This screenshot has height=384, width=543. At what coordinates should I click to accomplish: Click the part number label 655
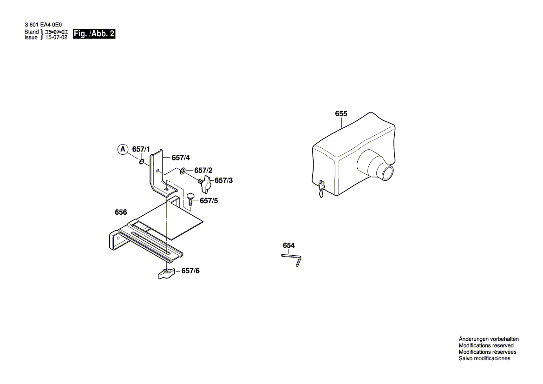341,114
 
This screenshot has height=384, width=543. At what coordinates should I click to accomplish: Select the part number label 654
288,245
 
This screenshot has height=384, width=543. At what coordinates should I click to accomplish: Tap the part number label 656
121,212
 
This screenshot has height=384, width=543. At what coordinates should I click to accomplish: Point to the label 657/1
141,149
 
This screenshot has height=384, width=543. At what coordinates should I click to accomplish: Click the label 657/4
181,158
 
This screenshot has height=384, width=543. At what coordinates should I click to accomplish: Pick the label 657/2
203,171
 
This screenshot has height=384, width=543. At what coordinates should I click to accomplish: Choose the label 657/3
223,180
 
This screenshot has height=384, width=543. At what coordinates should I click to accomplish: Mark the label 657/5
209,201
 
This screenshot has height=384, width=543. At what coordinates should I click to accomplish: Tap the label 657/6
190,271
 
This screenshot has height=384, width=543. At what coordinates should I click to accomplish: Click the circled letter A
122,149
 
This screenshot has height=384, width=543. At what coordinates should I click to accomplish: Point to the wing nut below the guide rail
166,273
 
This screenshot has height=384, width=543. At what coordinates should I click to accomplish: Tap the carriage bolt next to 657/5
190,199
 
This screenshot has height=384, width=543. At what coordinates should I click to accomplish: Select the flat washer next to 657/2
183,171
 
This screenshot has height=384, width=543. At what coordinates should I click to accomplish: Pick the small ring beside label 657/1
141,162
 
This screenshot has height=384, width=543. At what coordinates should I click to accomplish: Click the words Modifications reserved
486,346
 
